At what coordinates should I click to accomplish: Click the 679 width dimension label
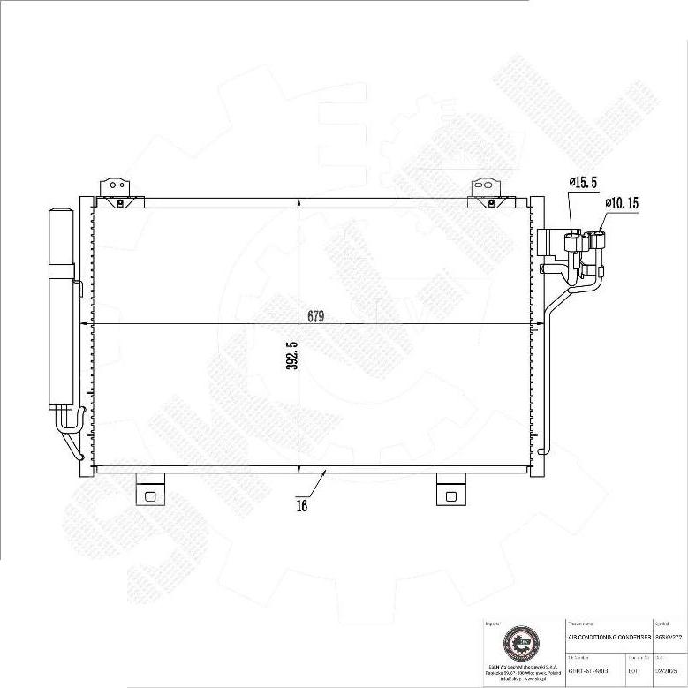pos(316,316)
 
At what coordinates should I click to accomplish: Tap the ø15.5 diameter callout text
pos(583,183)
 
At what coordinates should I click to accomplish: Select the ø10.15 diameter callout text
pos(622,203)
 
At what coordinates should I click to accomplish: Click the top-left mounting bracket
pos(112,188)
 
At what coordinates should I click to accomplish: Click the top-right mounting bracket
pos(485,188)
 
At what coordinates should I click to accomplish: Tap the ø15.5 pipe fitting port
pos(575,241)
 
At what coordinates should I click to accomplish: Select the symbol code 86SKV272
pos(669,635)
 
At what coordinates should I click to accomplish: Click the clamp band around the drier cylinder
pos(61,270)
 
